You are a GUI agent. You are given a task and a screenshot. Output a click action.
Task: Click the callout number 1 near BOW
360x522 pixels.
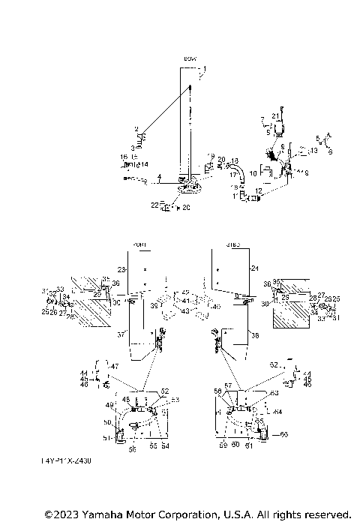pyautogui.click(x=202, y=69)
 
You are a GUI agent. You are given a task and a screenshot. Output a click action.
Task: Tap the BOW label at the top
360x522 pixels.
pyautogui.click(x=190, y=58)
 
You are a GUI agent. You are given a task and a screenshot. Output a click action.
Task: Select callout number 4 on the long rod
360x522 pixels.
pyautogui.click(x=159, y=177)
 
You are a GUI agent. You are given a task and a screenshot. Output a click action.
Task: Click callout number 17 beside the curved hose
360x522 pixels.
pyautogui.click(x=232, y=174)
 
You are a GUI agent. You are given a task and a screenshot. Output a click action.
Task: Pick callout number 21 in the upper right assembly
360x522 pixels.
pyautogui.click(x=274, y=115)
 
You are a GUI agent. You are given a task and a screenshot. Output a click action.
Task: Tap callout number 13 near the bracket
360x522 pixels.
pyautogui.click(x=314, y=151)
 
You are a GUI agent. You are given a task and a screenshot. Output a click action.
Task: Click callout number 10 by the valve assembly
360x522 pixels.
pyautogui.click(x=254, y=173)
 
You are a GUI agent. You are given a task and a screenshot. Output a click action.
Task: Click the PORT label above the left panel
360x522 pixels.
pyautogui.click(x=139, y=244)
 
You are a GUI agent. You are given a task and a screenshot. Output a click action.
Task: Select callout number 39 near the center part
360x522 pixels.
pyautogui.click(x=153, y=306)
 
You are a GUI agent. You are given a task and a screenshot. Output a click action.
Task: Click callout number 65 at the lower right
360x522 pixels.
pyautogui.click(x=283, y=434)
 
